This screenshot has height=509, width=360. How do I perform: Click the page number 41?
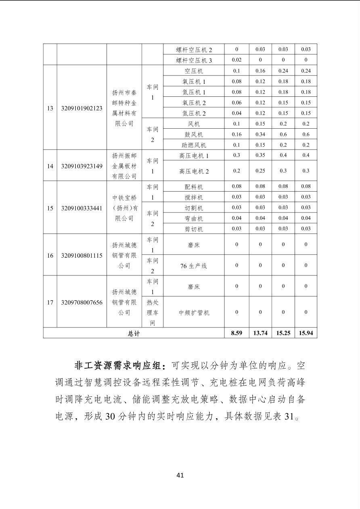(x=180, y=475)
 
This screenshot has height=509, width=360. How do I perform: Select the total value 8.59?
(x=237, y=333)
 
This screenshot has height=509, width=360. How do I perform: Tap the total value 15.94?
(x=306, y=333)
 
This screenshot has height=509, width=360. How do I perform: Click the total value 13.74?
(x=260, y=333)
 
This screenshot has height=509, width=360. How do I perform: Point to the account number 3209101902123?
(x=82, y=108)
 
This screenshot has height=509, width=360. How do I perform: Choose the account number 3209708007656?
(x=82, y=302)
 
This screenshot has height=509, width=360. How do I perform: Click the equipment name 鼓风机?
(x=194, y=135)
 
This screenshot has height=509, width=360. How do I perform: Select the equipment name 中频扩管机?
(x=194, y=313)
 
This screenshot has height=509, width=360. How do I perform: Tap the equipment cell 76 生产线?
(x=194, y=266)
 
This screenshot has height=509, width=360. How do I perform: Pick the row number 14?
(x=50, y=166)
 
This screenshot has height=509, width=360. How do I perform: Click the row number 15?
(x=50, y=208)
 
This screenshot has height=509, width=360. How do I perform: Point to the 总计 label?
(x=134, y=334)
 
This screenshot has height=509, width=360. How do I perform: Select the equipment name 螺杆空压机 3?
(x=194, y=60)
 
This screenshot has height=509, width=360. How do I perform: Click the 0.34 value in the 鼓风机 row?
(x=260, y=134)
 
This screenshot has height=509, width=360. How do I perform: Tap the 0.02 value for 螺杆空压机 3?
(x=237, y=60)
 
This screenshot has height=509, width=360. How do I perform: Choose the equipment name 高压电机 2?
(x=194, y=171)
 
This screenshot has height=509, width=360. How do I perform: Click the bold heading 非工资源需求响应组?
(x=119, y=366)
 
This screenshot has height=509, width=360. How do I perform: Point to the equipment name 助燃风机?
(x=194, y=145)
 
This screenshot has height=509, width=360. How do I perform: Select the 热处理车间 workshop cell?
(x=153, y=313)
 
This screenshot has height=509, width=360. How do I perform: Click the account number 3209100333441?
(x=82, y=208)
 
